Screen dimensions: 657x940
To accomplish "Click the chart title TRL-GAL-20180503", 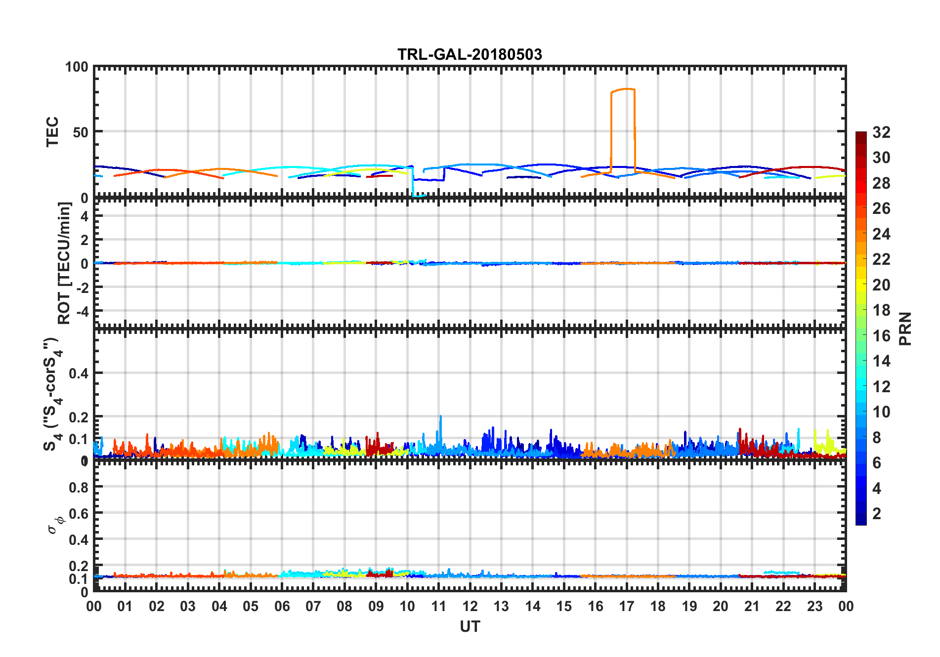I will [470, 54].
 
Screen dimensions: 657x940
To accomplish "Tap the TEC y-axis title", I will [52, 131].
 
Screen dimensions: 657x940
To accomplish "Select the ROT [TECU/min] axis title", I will [64, 263].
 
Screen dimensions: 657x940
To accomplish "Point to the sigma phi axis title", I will [55, 524].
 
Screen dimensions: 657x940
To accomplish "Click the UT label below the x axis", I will [470, 627].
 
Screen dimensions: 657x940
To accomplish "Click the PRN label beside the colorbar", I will [905, 328].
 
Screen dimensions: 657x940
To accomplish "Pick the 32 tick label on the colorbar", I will [881, 132].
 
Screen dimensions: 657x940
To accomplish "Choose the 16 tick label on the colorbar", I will [881, 336].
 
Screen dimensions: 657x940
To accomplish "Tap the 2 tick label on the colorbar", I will [877, 514].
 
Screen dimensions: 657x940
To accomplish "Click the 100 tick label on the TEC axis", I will [77, 67].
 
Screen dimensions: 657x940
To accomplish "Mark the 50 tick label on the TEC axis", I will [81, 132].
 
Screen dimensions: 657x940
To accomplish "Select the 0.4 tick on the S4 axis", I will [79, 373].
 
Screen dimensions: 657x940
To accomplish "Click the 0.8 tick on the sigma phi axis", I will [79, 487].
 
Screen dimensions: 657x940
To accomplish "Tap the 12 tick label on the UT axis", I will [470, 606].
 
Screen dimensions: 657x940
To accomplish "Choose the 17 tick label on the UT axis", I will [627, 606].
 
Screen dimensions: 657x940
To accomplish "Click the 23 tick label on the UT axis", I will [814, 606].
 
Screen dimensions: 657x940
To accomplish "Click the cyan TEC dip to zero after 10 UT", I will [418, 196].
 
